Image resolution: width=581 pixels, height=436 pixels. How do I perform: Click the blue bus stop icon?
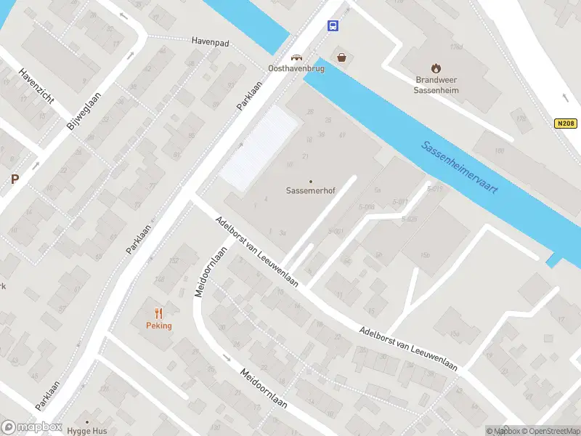(333, 26)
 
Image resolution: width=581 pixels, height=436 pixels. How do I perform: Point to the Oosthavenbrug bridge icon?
(296, 57)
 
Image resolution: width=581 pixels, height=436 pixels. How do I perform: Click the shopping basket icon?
(341, 57)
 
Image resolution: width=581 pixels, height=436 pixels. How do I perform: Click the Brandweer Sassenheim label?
(435, 85)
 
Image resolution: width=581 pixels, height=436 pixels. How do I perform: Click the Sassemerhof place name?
(311, 193)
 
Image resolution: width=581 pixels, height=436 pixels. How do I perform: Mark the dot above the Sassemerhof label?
(311, 182)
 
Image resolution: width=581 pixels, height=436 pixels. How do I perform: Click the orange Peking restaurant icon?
(158, 313)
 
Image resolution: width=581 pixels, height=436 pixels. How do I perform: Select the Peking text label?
(158, 326)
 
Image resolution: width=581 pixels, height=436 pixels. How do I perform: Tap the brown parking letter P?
(15, 179)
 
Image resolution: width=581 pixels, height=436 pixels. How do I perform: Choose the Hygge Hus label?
(88, 431)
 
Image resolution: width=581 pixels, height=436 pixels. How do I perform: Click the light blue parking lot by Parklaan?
(260, 147)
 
